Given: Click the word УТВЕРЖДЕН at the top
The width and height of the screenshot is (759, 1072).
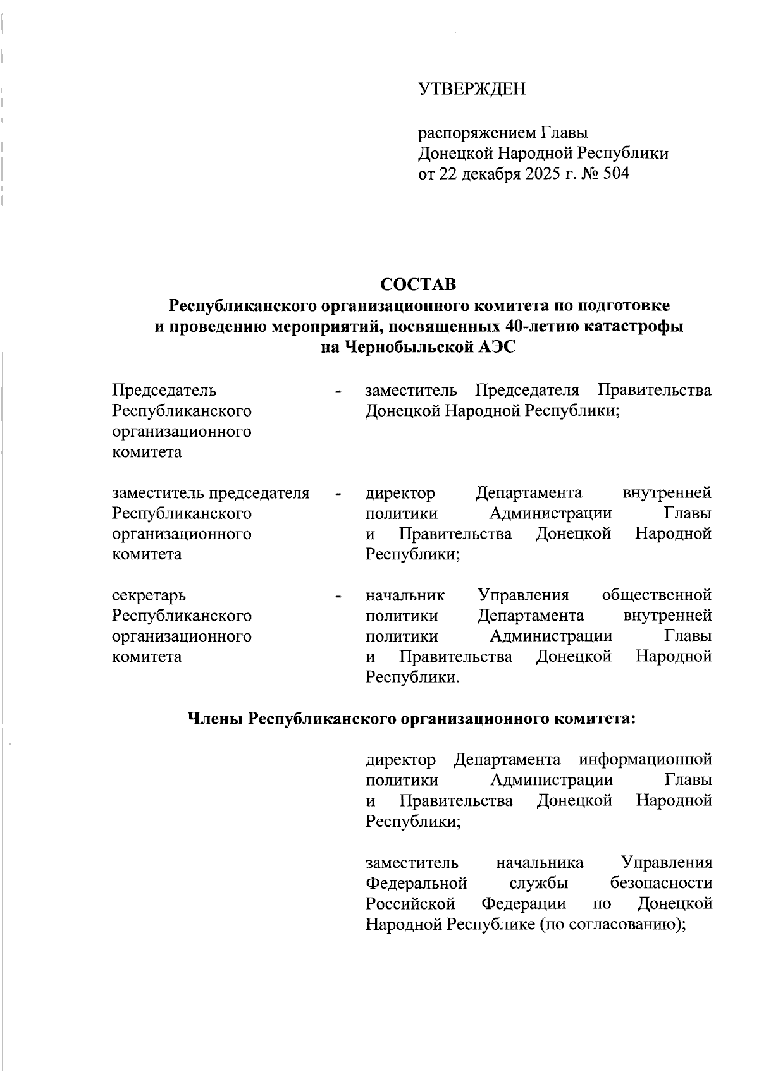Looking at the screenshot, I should pyautogui.click(x=472, y=90).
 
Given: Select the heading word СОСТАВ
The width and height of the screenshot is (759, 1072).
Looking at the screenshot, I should pyautogui.click(x=418, y=284).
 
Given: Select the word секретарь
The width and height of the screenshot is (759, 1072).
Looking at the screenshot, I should pyautogui.click(x=149, y=595).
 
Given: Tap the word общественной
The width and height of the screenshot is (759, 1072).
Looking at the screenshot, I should pyautogui.click(x=657, y=595).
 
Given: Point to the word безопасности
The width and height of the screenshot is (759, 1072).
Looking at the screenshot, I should pyautogui.click(x=661, y=882).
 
